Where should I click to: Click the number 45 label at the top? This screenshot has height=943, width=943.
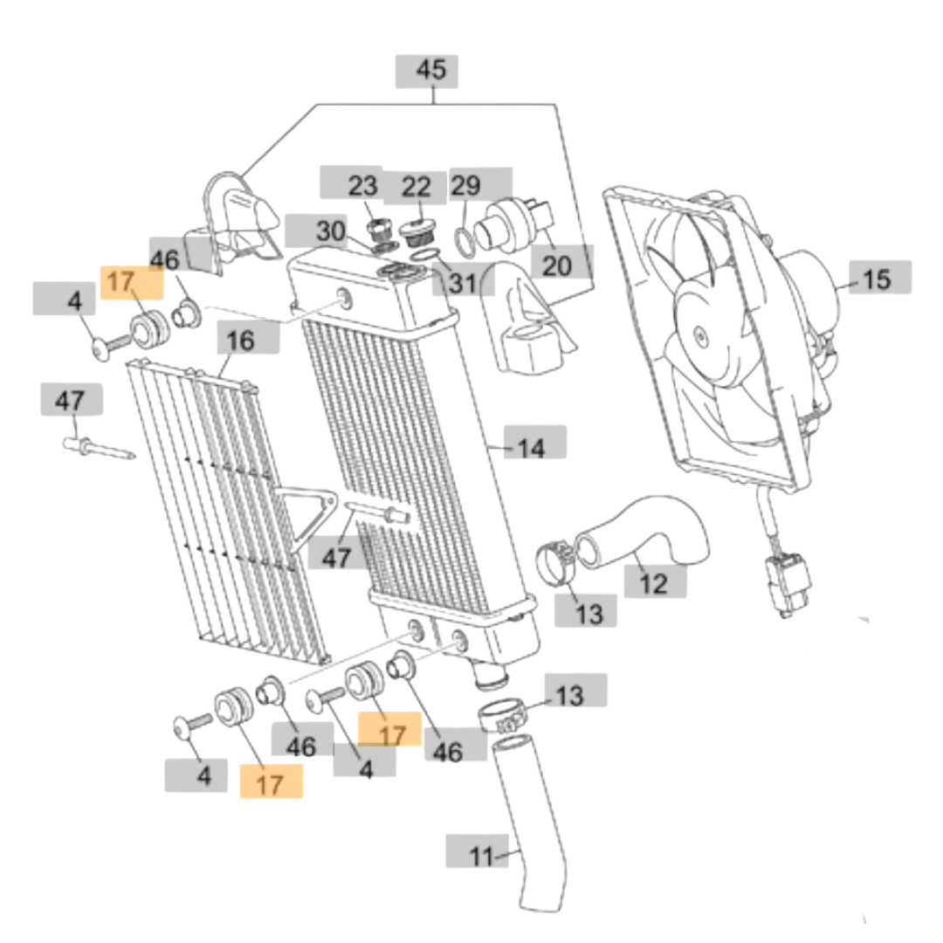[430, 71]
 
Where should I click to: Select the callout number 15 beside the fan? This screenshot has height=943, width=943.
[877, 279]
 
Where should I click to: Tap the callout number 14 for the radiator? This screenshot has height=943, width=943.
[531, 448]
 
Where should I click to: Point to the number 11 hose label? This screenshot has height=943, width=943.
[481, 857]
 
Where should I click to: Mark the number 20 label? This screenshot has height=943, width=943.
[556, 265]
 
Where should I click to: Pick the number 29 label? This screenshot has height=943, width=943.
[466, 185]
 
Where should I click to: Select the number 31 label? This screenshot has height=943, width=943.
[463, 283]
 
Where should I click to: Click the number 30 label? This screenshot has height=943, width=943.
[331, 232]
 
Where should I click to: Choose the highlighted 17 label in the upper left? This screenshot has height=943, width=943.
[121, 282]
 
